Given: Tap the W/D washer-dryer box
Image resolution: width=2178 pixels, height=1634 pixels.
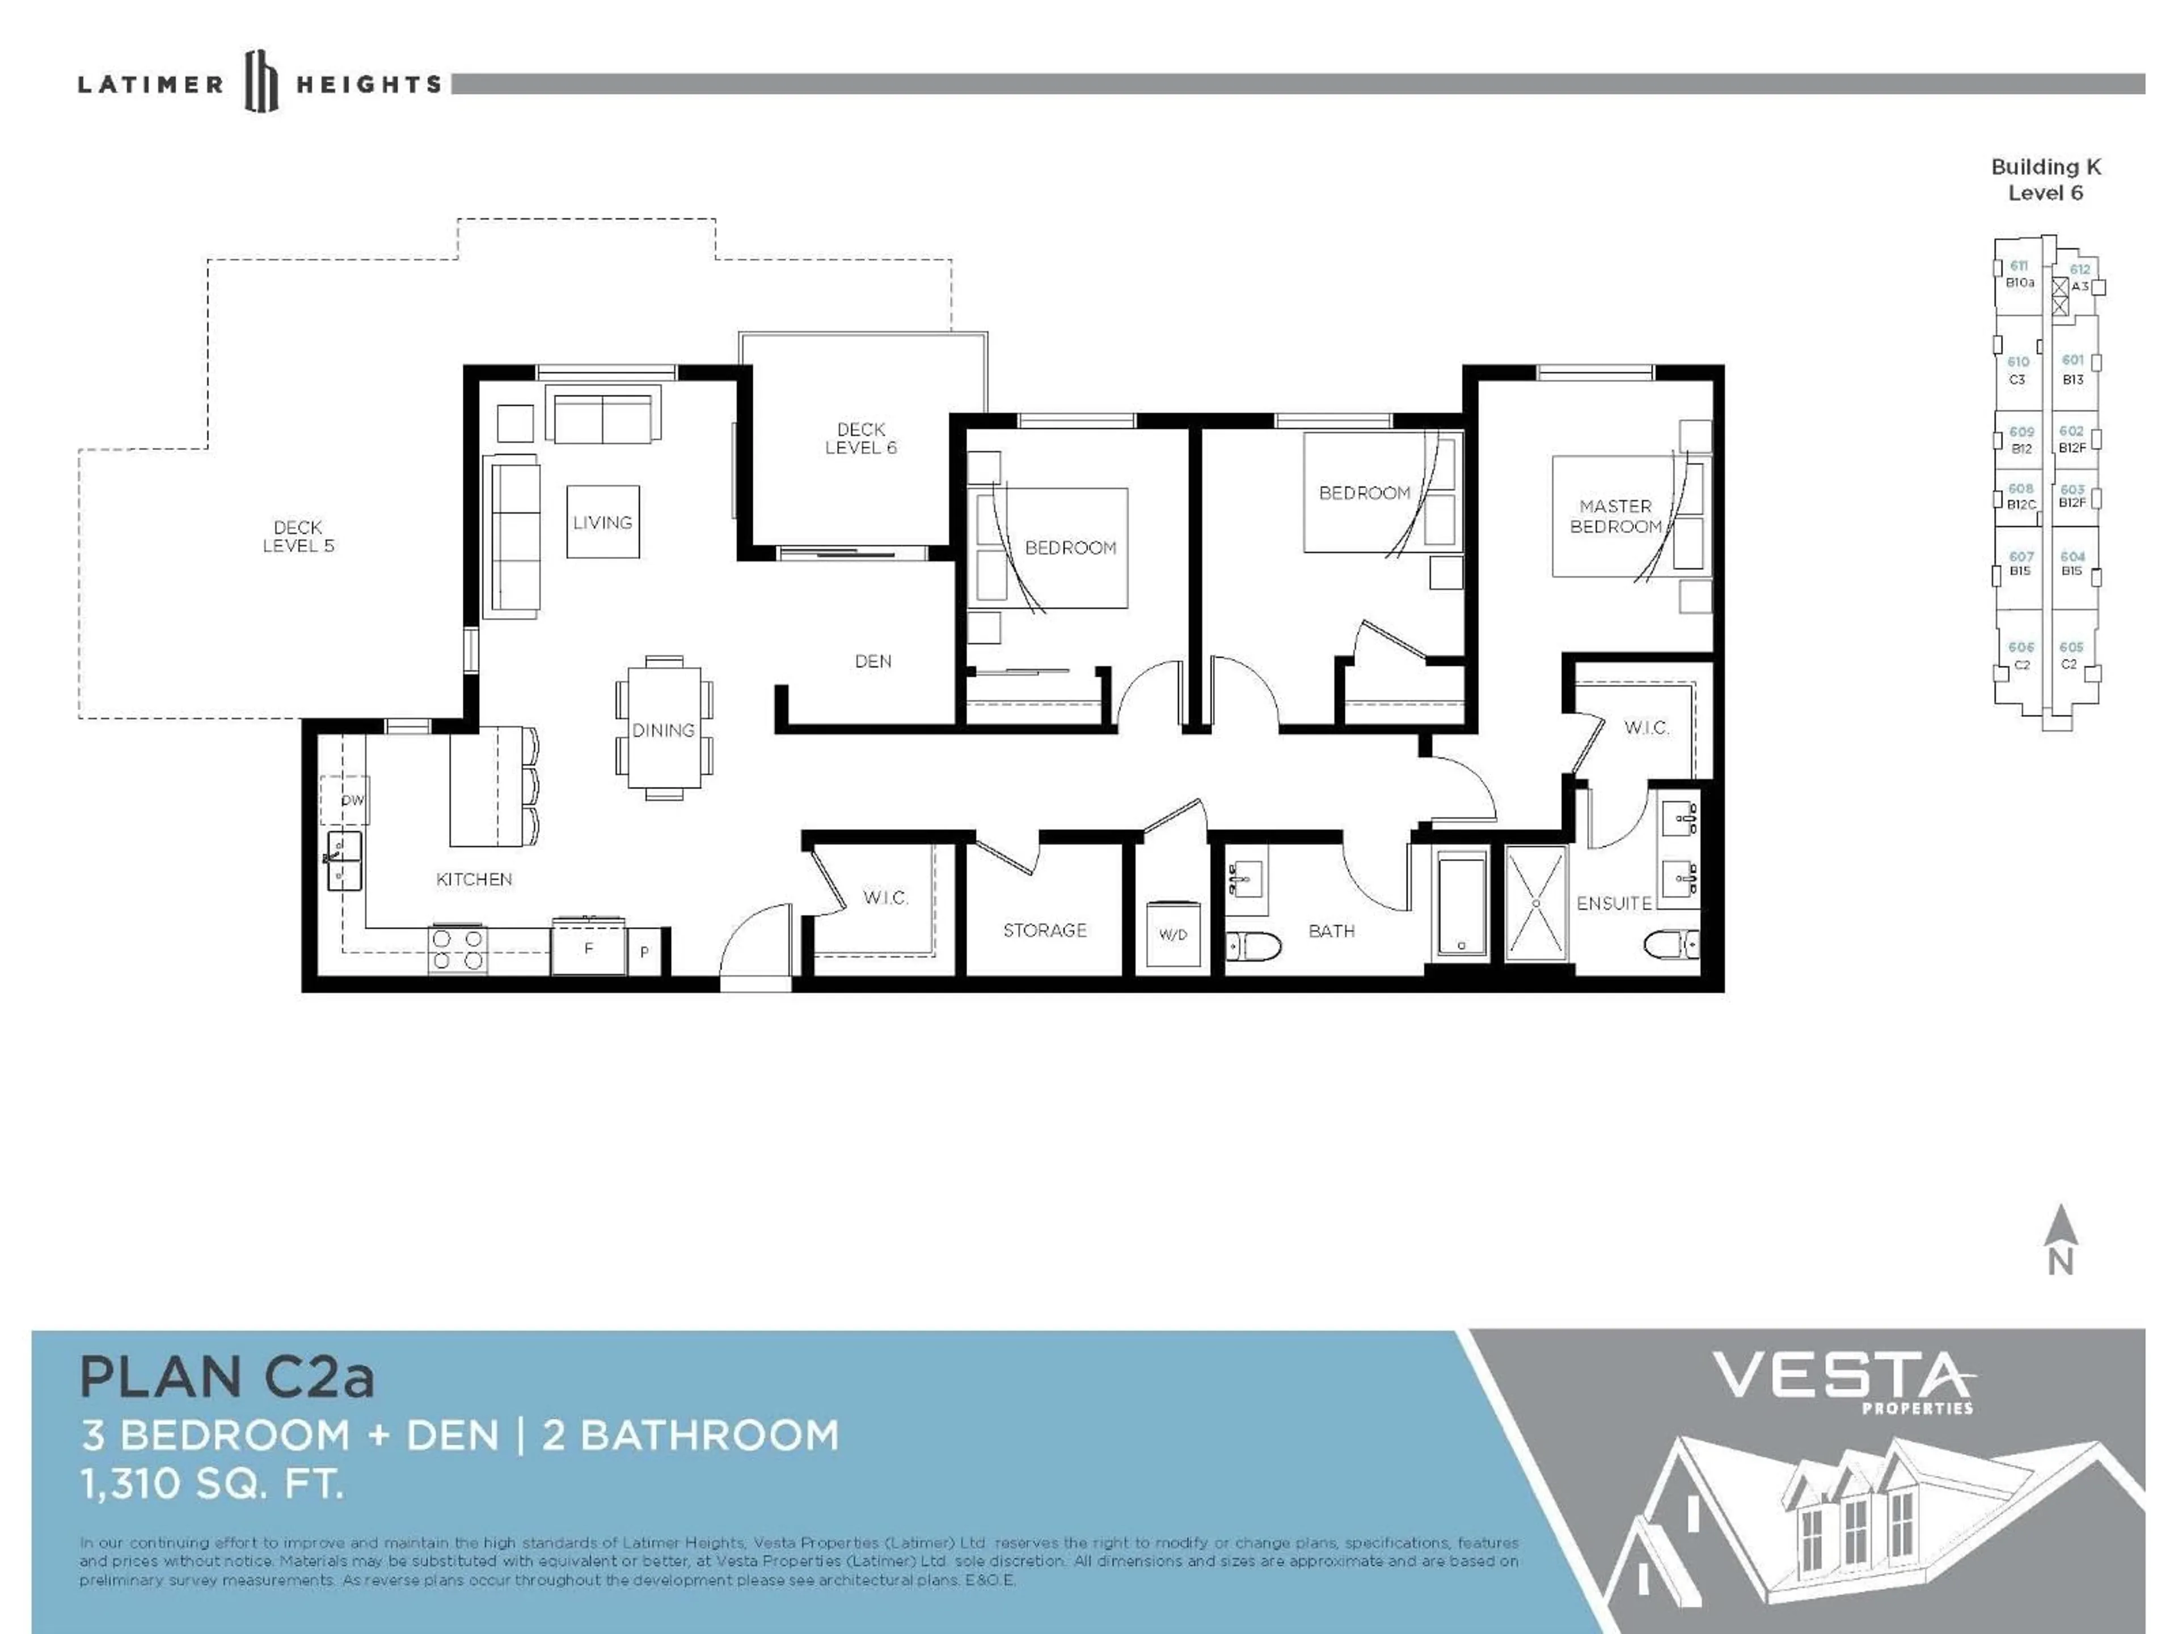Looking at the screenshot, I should pyautogui.click(x=1173, y=934).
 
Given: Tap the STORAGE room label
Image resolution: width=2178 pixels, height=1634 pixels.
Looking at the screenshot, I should pyautogui.click(x=1045, y=930).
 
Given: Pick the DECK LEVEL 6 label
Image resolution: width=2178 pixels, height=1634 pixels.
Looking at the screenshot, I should pyautogui.click(x=860, y=439).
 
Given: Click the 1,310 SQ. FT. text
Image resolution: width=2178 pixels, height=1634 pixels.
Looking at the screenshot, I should pyautogui.click(x=212, y=1483).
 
